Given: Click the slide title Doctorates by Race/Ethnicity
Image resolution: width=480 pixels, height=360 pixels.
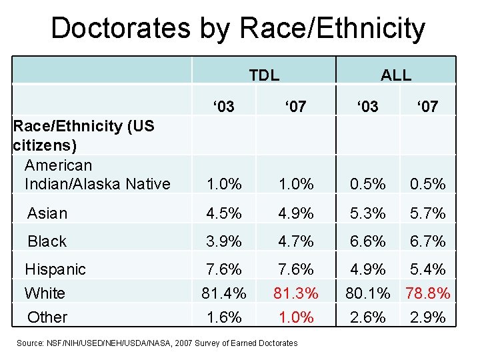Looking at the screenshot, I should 237,29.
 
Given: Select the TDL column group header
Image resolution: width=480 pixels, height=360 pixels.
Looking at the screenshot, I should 264,75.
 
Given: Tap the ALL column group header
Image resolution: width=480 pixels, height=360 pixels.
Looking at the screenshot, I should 395,75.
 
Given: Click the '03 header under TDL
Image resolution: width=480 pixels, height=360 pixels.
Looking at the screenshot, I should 223,106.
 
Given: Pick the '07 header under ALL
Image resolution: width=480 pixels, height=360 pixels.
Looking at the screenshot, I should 427,106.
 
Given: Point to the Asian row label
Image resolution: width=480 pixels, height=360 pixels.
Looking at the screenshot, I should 47,213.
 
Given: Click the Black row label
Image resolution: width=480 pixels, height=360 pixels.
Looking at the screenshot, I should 47,241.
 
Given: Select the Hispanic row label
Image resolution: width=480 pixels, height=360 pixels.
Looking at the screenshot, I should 55,269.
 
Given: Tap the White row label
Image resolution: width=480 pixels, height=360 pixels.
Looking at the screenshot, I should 45,293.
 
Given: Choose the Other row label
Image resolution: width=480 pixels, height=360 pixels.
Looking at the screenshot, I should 47,317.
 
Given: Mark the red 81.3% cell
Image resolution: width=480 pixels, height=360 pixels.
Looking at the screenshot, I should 295,293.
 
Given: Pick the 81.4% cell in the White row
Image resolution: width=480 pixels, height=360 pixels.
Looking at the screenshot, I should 224,293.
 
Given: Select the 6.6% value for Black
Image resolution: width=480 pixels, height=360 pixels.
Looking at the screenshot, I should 368,241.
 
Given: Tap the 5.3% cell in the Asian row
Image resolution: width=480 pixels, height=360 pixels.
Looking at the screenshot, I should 368,213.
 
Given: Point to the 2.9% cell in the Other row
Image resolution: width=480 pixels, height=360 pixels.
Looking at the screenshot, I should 427,317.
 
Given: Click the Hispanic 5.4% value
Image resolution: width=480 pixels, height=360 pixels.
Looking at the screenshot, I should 427,269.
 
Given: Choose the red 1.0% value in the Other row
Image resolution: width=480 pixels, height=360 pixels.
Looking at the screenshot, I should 295,317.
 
